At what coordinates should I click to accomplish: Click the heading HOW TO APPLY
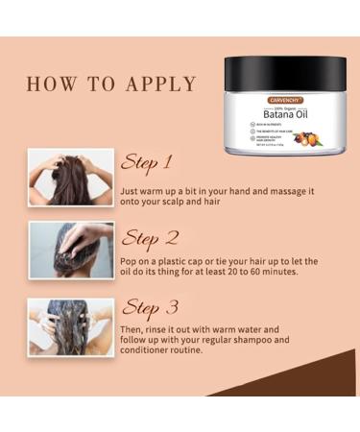110,83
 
